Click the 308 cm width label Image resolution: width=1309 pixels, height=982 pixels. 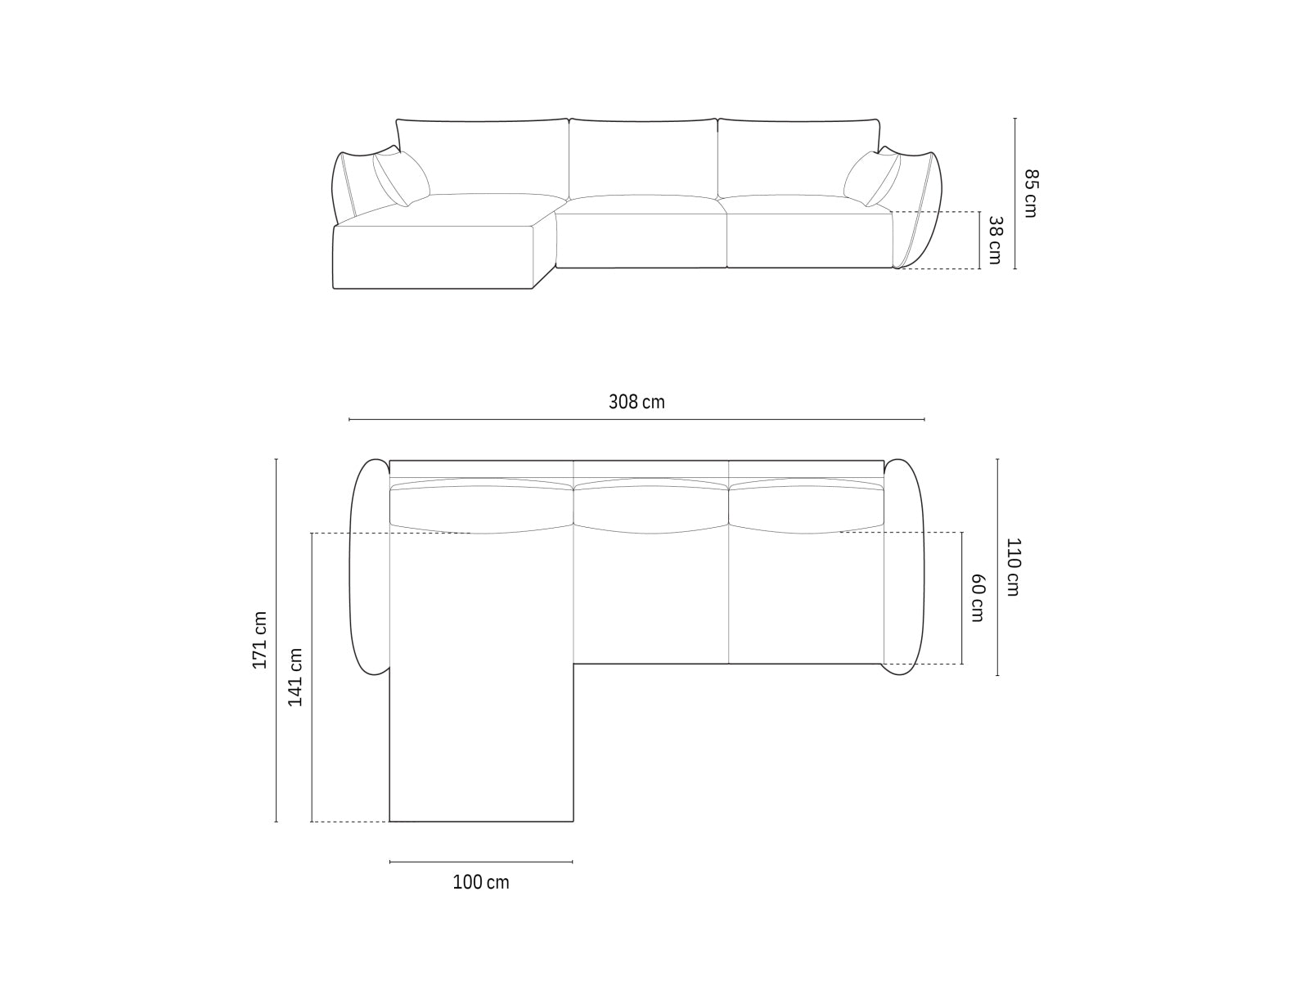click(x=637, y=402)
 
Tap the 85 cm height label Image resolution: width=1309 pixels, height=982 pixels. click(x=1030, y=193)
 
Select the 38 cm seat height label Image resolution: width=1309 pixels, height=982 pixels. click(x=995, y=240)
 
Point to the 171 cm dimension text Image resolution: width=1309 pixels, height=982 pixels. click(x=259, y=640)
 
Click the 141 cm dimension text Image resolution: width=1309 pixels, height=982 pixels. click(x=295, y=677)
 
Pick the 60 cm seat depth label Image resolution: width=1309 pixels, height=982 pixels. click(x=977, y=597)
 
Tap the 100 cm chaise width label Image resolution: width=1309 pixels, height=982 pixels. click(x=481, y=882)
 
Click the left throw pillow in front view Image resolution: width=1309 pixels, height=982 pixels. click(x=401, y=178)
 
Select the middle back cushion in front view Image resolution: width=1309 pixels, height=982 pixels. click(x=643, y=157)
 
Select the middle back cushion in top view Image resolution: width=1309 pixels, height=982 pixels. click(x=651, y=507)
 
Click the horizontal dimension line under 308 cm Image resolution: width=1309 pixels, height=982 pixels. click(x=637, y=420)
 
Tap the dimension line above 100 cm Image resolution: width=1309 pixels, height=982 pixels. click(x=481, y=862)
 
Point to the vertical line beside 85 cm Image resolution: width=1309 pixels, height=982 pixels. click(x=1015, y=193)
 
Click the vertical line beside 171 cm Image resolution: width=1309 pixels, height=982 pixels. click(x=277, y=640)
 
